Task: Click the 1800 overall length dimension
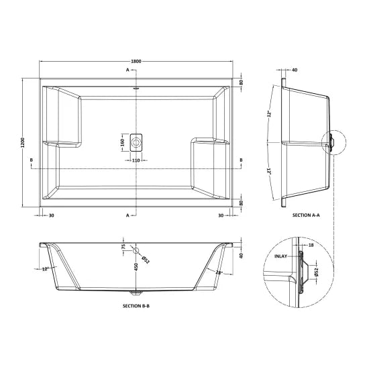pos(138,62)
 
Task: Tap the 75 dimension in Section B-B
pos(123,247)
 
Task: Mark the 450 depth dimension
pos(123,268)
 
